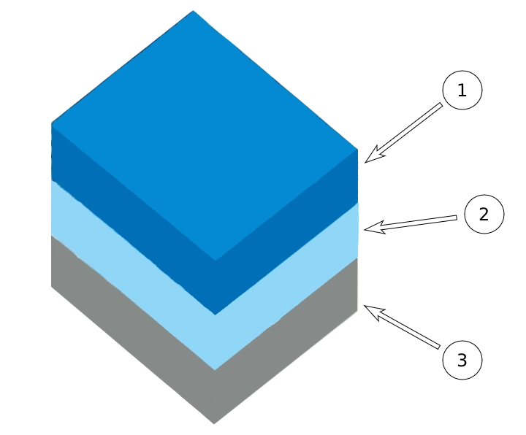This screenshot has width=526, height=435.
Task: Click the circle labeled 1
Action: tap(462, 91)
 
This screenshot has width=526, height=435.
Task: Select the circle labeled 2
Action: tap(483, 215)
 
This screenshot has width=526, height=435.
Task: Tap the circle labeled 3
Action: tap(462, 360)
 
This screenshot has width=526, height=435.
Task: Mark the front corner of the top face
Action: tap(214, 260)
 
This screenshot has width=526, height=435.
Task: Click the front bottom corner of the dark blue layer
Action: tap(214, 315)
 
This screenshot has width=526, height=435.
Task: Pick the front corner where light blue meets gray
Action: tap(214, 369)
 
